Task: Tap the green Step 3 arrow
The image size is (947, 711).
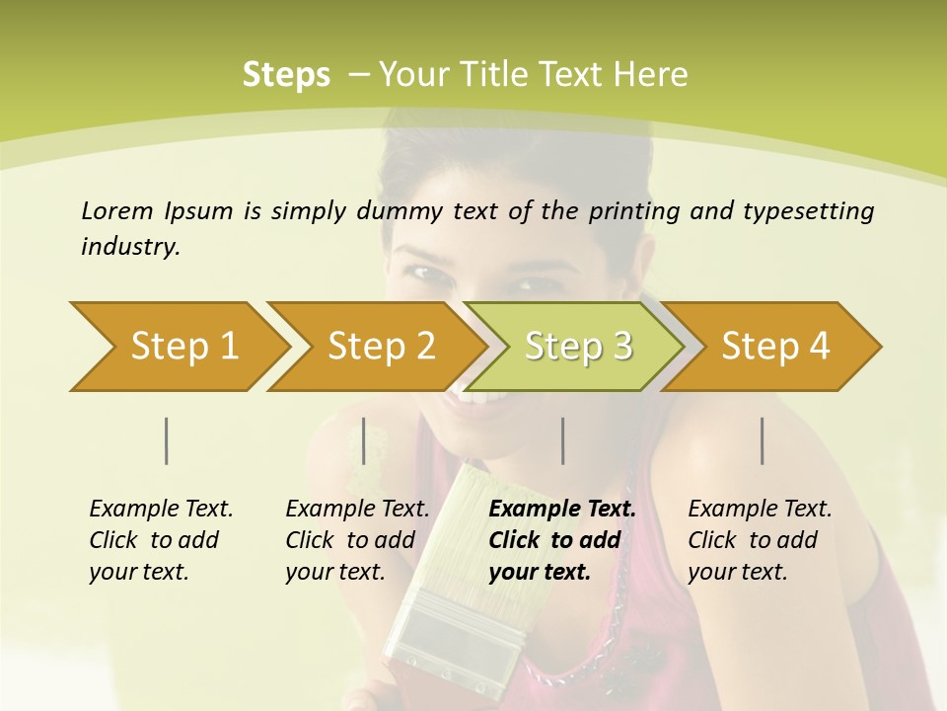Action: click(x=577, y=347)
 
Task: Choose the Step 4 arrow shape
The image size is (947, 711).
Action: click(x=774, y=347)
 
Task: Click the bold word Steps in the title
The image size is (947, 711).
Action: click(x=286, y=75)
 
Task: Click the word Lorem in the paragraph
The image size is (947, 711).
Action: click(x=117, y=210)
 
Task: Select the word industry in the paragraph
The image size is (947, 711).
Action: click(x=128, y=247)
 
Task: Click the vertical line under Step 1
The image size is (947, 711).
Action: click(x=167, y=441)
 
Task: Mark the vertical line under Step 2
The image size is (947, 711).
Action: click(x=364, y=441)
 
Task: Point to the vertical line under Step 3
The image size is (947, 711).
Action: click(x=562, y=441)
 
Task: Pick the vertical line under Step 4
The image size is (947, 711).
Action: click(x=762, y=441)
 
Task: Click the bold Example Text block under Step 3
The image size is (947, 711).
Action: click(x=561, y=540)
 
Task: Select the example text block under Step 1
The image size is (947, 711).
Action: click(x=161, y=540)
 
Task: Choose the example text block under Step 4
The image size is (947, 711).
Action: click(x=760, y=540)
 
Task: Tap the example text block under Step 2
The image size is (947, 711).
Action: click(x=357, y=540)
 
